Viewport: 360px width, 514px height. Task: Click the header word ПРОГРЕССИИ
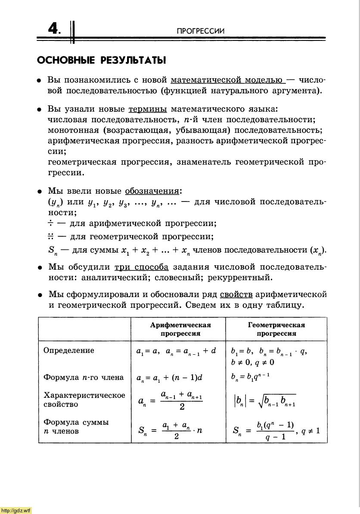[x=201, y=31]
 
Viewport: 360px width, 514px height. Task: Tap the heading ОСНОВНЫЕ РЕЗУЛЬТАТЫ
[x=101, y=60]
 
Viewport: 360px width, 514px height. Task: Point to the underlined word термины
[x=148, y=109]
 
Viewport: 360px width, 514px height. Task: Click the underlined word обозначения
[x=152, y=191]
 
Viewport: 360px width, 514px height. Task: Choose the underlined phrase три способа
[x=141, y=267]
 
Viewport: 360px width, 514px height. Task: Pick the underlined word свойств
[x=236, y=294]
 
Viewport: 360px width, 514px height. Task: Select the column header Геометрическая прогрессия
[x=276, y=329]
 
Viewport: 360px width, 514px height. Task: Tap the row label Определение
[x=68, y=350]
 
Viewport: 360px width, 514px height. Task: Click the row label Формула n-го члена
[x=84, y=378]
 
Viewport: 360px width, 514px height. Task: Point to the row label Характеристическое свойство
[x=84, y=400]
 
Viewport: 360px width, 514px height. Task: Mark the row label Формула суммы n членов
[x=76, y=427]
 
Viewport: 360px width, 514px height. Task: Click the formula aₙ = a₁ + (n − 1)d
[x=169, y=378]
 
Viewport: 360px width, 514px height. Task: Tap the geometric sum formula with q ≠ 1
[x=276, y=431]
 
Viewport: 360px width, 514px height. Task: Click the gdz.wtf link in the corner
[x=16, y=511]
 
